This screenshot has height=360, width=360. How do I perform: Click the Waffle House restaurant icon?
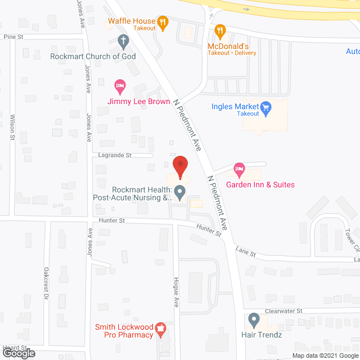pos(163,22)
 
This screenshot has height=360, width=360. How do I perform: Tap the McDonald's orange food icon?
pos(220,31)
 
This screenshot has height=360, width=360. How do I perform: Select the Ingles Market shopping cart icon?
pos(267,106)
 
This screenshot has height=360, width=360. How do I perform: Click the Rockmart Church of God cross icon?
pos(123,40)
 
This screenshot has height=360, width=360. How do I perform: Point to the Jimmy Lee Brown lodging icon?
pos(120,87)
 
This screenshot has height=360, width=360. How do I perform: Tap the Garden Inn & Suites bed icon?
pos(240,169)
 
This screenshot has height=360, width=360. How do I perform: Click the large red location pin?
pos(180,168)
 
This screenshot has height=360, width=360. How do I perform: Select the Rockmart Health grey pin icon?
pos(180,193)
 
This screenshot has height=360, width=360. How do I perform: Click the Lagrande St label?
pos(115,155)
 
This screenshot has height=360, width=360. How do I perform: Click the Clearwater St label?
pos(283,310)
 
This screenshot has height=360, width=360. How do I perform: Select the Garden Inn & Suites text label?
pos(260,184)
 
